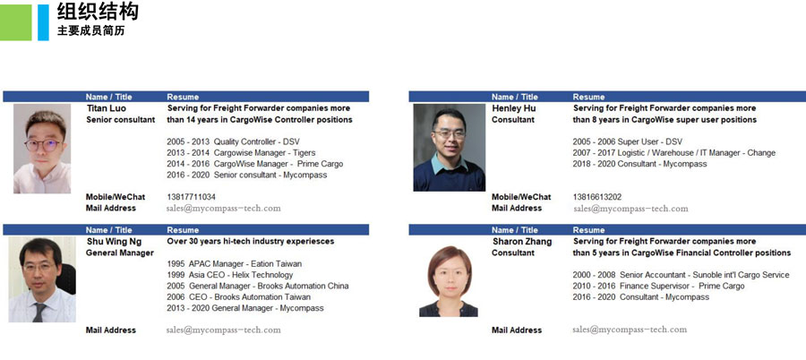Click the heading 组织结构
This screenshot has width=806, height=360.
98,12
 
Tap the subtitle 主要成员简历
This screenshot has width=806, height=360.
90,30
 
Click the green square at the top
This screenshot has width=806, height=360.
15,22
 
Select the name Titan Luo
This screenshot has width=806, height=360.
106,108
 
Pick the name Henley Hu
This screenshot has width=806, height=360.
513,108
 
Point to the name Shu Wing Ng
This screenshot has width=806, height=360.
114,242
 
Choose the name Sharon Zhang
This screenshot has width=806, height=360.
522,242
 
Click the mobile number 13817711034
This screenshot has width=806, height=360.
192,197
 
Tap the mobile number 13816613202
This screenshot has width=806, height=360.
597,197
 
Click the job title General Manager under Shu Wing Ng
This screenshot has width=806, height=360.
120,253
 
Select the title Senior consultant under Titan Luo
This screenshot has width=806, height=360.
120,120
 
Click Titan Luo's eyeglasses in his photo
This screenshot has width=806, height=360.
43,145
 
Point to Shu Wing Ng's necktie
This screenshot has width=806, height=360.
39,313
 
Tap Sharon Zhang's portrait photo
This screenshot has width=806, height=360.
449,281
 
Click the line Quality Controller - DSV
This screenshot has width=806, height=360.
256,142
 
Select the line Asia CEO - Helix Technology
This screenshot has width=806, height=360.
241,275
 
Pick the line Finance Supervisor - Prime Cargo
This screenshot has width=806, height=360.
682,287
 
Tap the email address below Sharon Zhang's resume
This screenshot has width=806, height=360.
630,330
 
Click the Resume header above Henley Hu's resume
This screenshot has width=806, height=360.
588,97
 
